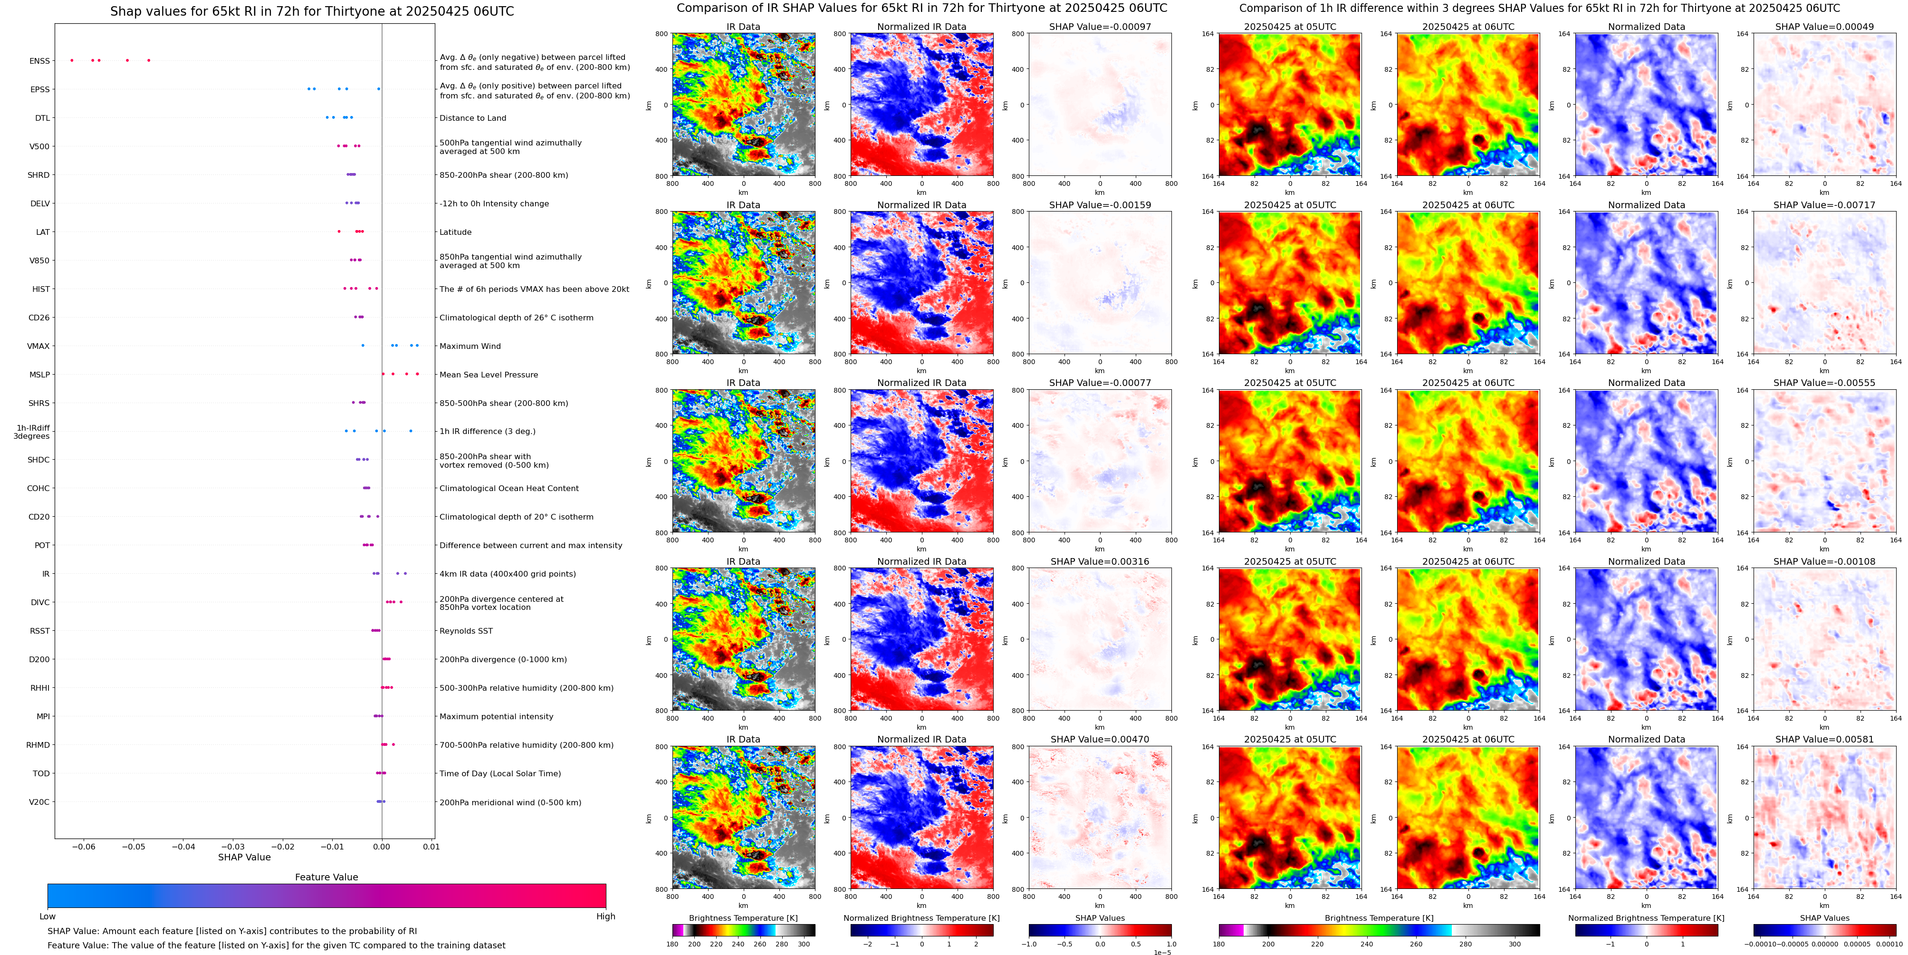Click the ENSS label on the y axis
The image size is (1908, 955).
[39, 61]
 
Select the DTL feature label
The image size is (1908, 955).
[42, 118]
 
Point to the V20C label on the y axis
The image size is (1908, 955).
[39, 801]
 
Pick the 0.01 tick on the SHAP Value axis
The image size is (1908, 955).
[431, 846]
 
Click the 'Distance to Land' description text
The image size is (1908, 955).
[472, 118]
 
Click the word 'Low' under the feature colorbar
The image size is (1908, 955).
[48, 916]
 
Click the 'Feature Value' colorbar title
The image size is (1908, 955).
[326, 877]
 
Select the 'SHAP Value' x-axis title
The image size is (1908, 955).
[244, 857]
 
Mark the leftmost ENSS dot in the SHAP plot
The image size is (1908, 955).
[72, 60]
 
